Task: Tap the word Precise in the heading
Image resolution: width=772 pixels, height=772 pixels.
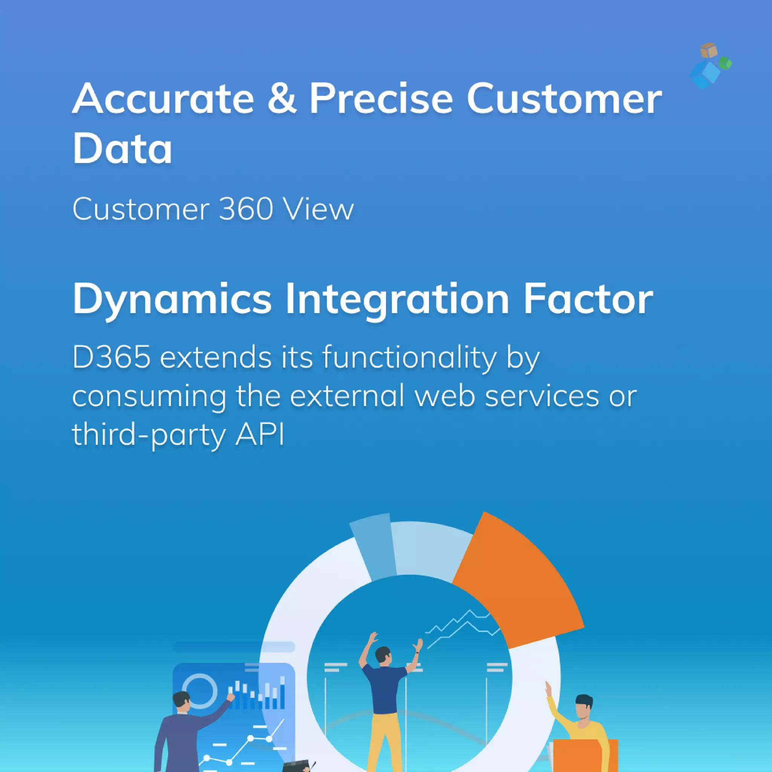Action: click(x=381, y=98)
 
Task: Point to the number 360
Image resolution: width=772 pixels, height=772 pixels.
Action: click(x=246, y=209)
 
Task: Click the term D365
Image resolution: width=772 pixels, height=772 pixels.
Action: click(x=112, y=357)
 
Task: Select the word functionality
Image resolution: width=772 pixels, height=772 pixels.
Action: click(x=410, y=358)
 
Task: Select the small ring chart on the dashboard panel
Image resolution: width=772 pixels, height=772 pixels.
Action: click(x=200, y=691)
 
